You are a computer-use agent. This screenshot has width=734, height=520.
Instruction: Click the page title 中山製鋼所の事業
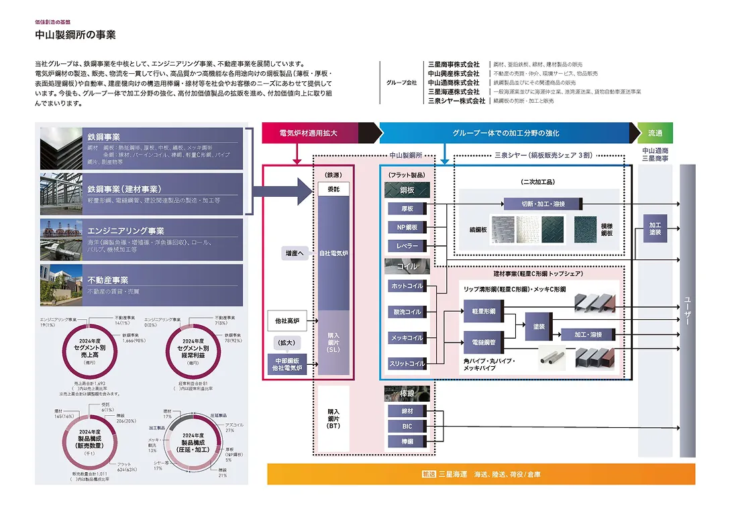(75, 35)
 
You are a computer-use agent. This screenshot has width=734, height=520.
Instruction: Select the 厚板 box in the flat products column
(407, 209)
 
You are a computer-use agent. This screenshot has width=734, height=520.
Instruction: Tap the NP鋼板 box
(407, 227)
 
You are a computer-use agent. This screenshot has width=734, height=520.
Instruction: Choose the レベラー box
(407, 246)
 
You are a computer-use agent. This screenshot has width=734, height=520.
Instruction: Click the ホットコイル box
(407, 286)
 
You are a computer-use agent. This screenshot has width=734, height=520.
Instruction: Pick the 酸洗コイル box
(407, 312)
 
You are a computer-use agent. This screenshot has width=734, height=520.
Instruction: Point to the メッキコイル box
(407, 338)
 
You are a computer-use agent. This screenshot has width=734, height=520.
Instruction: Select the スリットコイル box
(407, 363)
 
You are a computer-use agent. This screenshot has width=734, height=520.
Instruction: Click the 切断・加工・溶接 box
(543, 204)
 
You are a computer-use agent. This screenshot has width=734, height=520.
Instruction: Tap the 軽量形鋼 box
(483, 312)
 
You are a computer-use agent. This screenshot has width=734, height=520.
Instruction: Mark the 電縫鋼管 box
(483, 342)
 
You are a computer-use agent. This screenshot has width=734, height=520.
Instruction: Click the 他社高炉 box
(286, 322)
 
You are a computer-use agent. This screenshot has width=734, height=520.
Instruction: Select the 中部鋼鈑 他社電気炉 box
(286, 365)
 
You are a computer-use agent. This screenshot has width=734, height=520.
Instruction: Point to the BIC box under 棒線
(407, 426)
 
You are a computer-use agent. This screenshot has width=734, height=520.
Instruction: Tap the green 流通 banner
(655, 133)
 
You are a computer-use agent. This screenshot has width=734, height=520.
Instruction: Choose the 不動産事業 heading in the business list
(107, 279)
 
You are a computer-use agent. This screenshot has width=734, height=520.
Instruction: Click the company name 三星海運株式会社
(454, 91)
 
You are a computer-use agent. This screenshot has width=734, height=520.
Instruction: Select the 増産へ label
(294, 253)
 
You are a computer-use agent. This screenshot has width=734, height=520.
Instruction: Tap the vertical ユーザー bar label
(687, 312)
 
